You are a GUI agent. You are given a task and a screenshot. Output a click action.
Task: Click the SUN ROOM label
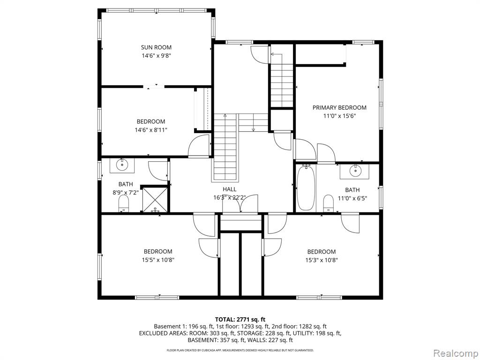coord(156,47)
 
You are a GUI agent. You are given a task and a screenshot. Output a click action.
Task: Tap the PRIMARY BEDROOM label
coord(339,107)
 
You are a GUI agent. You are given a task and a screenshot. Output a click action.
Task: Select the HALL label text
coord(229,189)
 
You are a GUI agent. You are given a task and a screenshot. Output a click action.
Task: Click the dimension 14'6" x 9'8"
coord(156,56)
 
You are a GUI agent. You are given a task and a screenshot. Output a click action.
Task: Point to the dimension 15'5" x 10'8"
coord(158,260)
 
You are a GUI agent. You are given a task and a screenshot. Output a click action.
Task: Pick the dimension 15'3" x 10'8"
coord(322,260)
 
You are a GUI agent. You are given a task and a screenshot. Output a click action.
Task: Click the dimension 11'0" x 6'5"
coord(352,198)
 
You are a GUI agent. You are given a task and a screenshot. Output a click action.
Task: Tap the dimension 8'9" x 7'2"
coord(126,193)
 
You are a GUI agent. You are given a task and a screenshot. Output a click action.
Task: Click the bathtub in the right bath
coord(306,187)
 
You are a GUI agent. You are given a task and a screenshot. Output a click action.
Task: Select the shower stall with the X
coord(155,199)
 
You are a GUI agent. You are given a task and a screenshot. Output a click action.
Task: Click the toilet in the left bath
coord(124,203)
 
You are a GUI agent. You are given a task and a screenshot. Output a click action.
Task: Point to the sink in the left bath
coord(122,165)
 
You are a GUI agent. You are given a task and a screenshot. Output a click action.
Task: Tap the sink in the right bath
coord(355,171)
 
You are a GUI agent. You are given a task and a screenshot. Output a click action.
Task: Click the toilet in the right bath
coord(329,203)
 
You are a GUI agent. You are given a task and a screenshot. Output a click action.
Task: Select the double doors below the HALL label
coord(240,204)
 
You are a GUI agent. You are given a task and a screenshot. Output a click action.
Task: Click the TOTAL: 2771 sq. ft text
coord(240,320)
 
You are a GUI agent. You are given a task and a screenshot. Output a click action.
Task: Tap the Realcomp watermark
coord(455,353)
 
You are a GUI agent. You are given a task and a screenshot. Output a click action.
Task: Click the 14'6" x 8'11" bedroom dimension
coord(151,130)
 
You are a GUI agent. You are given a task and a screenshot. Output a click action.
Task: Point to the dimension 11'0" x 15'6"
coord(339,116)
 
